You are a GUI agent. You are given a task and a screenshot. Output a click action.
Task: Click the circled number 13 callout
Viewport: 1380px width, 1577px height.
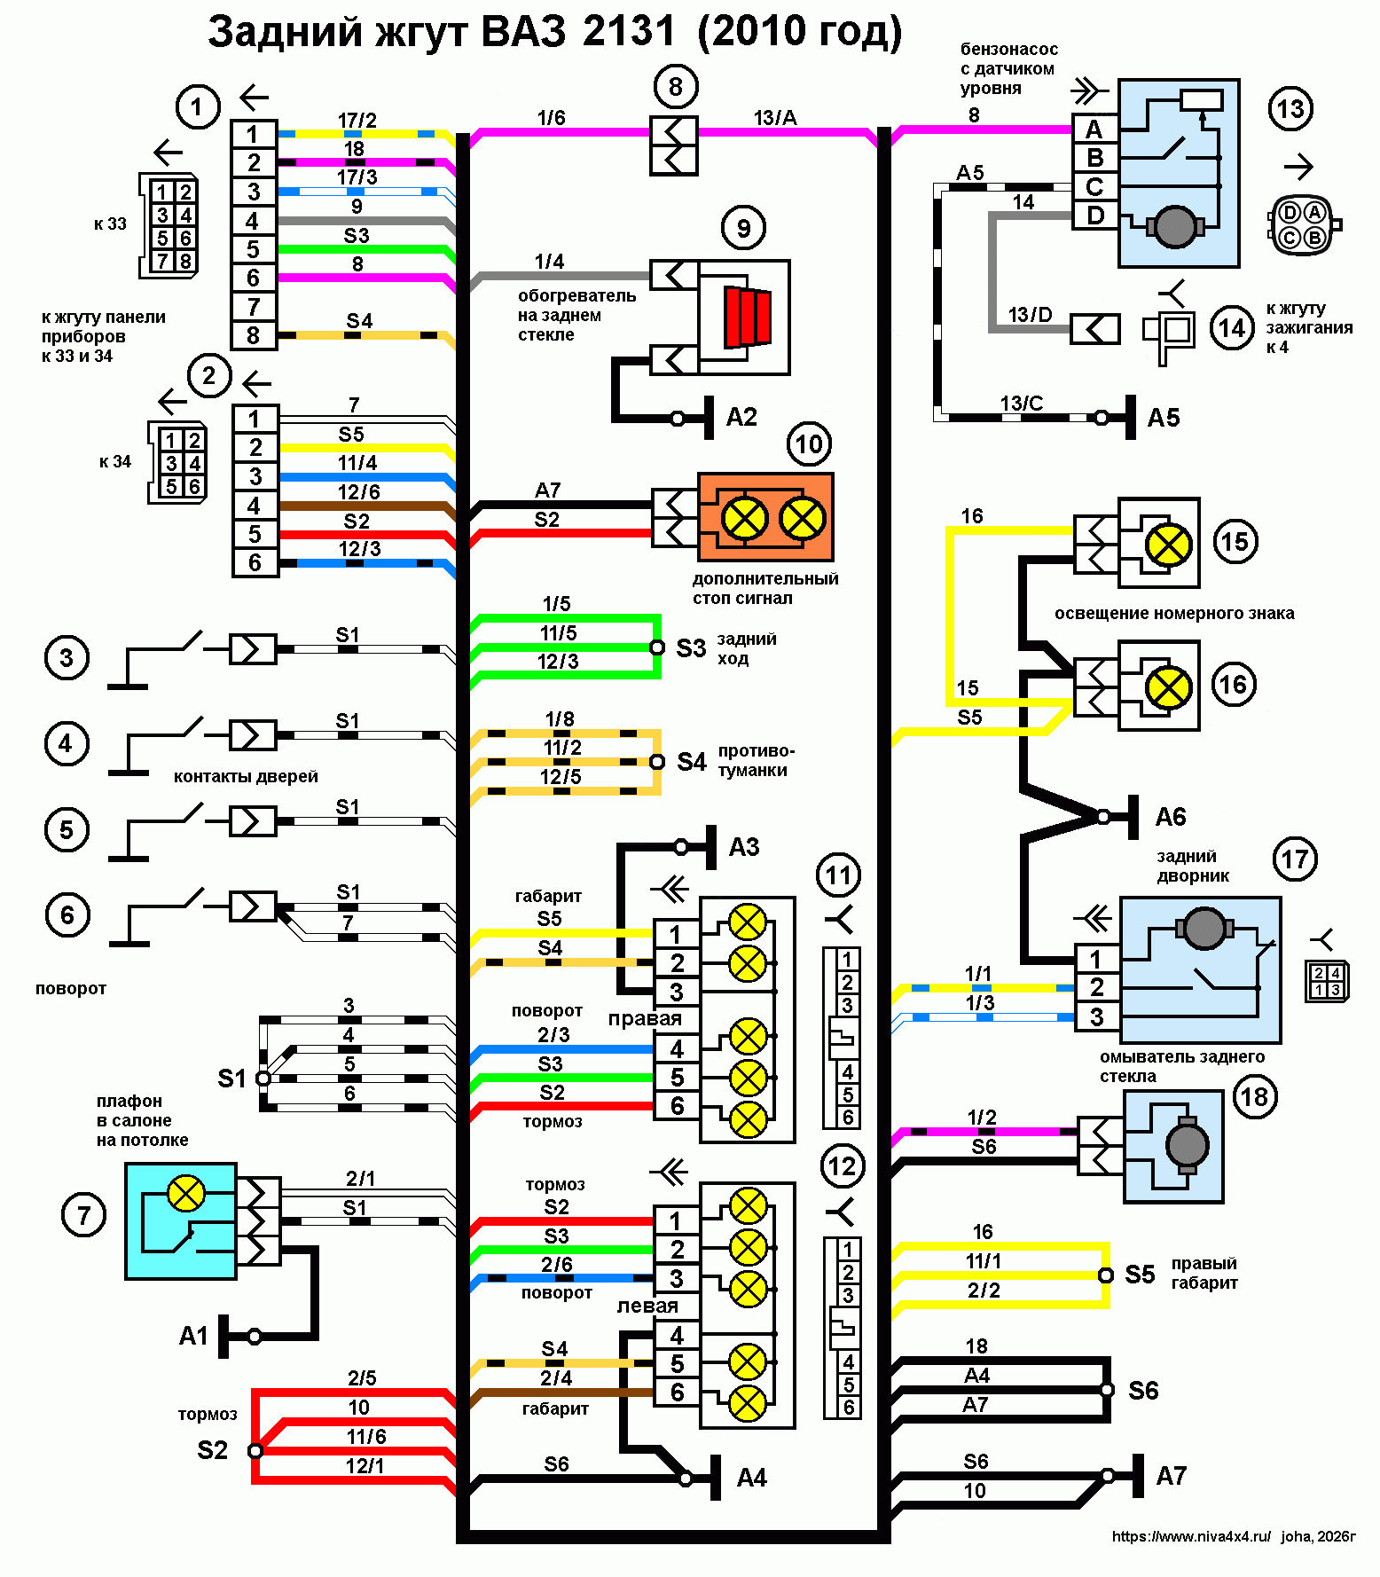(1290, 109)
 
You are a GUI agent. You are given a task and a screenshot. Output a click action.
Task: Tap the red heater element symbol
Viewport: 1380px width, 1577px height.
(747, 317)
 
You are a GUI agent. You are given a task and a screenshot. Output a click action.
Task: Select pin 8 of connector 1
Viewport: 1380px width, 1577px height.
(254, 335)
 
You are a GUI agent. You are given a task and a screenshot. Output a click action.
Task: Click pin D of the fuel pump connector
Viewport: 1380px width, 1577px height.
(1095, 216)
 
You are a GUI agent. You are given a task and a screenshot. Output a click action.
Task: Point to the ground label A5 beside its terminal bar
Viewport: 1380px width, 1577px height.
(1164, 418)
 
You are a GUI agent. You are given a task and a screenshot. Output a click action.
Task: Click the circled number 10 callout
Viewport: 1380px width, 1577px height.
(809, 443)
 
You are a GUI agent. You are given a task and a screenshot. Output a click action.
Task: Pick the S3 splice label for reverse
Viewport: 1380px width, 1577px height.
(691, 648)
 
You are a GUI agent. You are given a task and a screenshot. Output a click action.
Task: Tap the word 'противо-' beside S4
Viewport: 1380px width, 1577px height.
(757, 751)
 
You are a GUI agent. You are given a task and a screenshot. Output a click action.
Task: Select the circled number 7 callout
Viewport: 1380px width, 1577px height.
(83, 1215)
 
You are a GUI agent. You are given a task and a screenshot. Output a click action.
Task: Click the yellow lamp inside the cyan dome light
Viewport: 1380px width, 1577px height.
(186, 1194)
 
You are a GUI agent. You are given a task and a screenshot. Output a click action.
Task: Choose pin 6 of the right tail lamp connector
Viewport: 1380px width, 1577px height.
(677, 1106)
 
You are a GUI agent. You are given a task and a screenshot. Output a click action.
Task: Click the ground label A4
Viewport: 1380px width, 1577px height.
(752, 1478)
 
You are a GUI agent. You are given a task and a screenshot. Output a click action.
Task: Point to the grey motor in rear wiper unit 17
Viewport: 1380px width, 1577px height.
(1204, 928)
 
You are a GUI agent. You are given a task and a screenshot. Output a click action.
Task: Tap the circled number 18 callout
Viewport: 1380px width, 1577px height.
(1254, 1097)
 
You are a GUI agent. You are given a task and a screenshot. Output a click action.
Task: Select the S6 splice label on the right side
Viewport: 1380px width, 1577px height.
(1143, 1391)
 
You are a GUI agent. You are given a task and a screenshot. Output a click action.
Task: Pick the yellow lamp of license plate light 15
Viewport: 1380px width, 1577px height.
(1169, 544)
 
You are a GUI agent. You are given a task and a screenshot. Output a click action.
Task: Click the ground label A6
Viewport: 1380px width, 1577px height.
(1171, 817)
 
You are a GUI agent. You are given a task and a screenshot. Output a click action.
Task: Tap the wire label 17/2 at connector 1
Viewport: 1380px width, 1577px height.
(357, 120)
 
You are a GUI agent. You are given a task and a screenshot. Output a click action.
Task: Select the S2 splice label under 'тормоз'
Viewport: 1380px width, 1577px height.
(213, 1450)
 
